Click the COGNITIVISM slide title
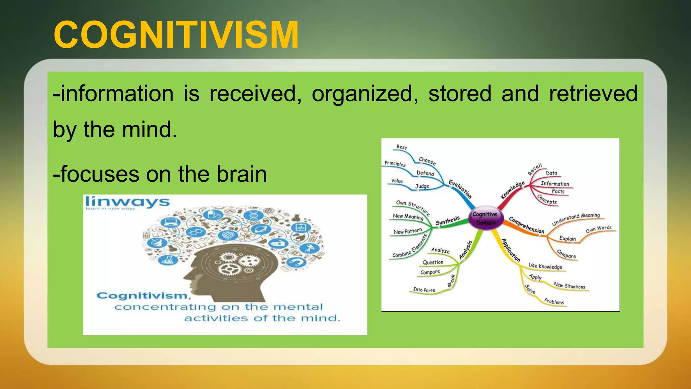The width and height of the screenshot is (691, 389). [x=176, y=35]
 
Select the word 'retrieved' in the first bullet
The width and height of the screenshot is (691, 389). [x=593, y=94]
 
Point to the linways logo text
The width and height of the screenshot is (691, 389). [x=127, y=202]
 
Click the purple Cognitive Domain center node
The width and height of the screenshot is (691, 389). [x=485, y=218]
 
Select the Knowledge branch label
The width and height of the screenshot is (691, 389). [x=513, y=190]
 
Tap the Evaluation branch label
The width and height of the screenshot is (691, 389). [x=460, y=189]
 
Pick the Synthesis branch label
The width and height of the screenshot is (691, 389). [x=447, y=221]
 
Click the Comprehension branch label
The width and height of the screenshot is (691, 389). [x=526, y=225]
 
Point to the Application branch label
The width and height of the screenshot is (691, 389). [x=511, y=250]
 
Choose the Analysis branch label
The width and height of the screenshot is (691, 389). [x=466, y=250]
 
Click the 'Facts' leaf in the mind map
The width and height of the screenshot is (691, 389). [x=558, y=191]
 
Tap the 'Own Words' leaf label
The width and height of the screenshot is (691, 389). [x=599, y=229]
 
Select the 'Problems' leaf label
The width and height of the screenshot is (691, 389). [x=554, y=302]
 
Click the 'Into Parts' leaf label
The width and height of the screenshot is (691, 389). [x=424, y=290]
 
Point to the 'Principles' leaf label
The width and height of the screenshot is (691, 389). [x=395, y=164]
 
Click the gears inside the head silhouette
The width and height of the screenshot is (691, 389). [x=238, y=263]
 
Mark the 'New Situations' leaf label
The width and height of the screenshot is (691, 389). [x=569, y=286]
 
